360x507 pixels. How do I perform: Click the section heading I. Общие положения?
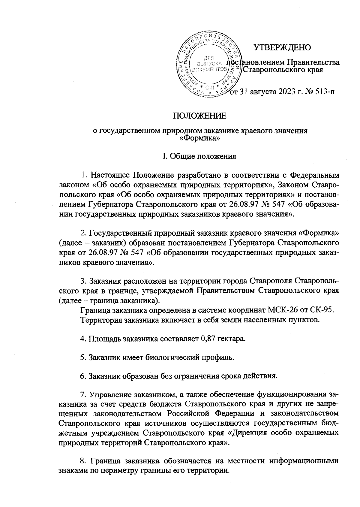[x=199, y=156]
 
